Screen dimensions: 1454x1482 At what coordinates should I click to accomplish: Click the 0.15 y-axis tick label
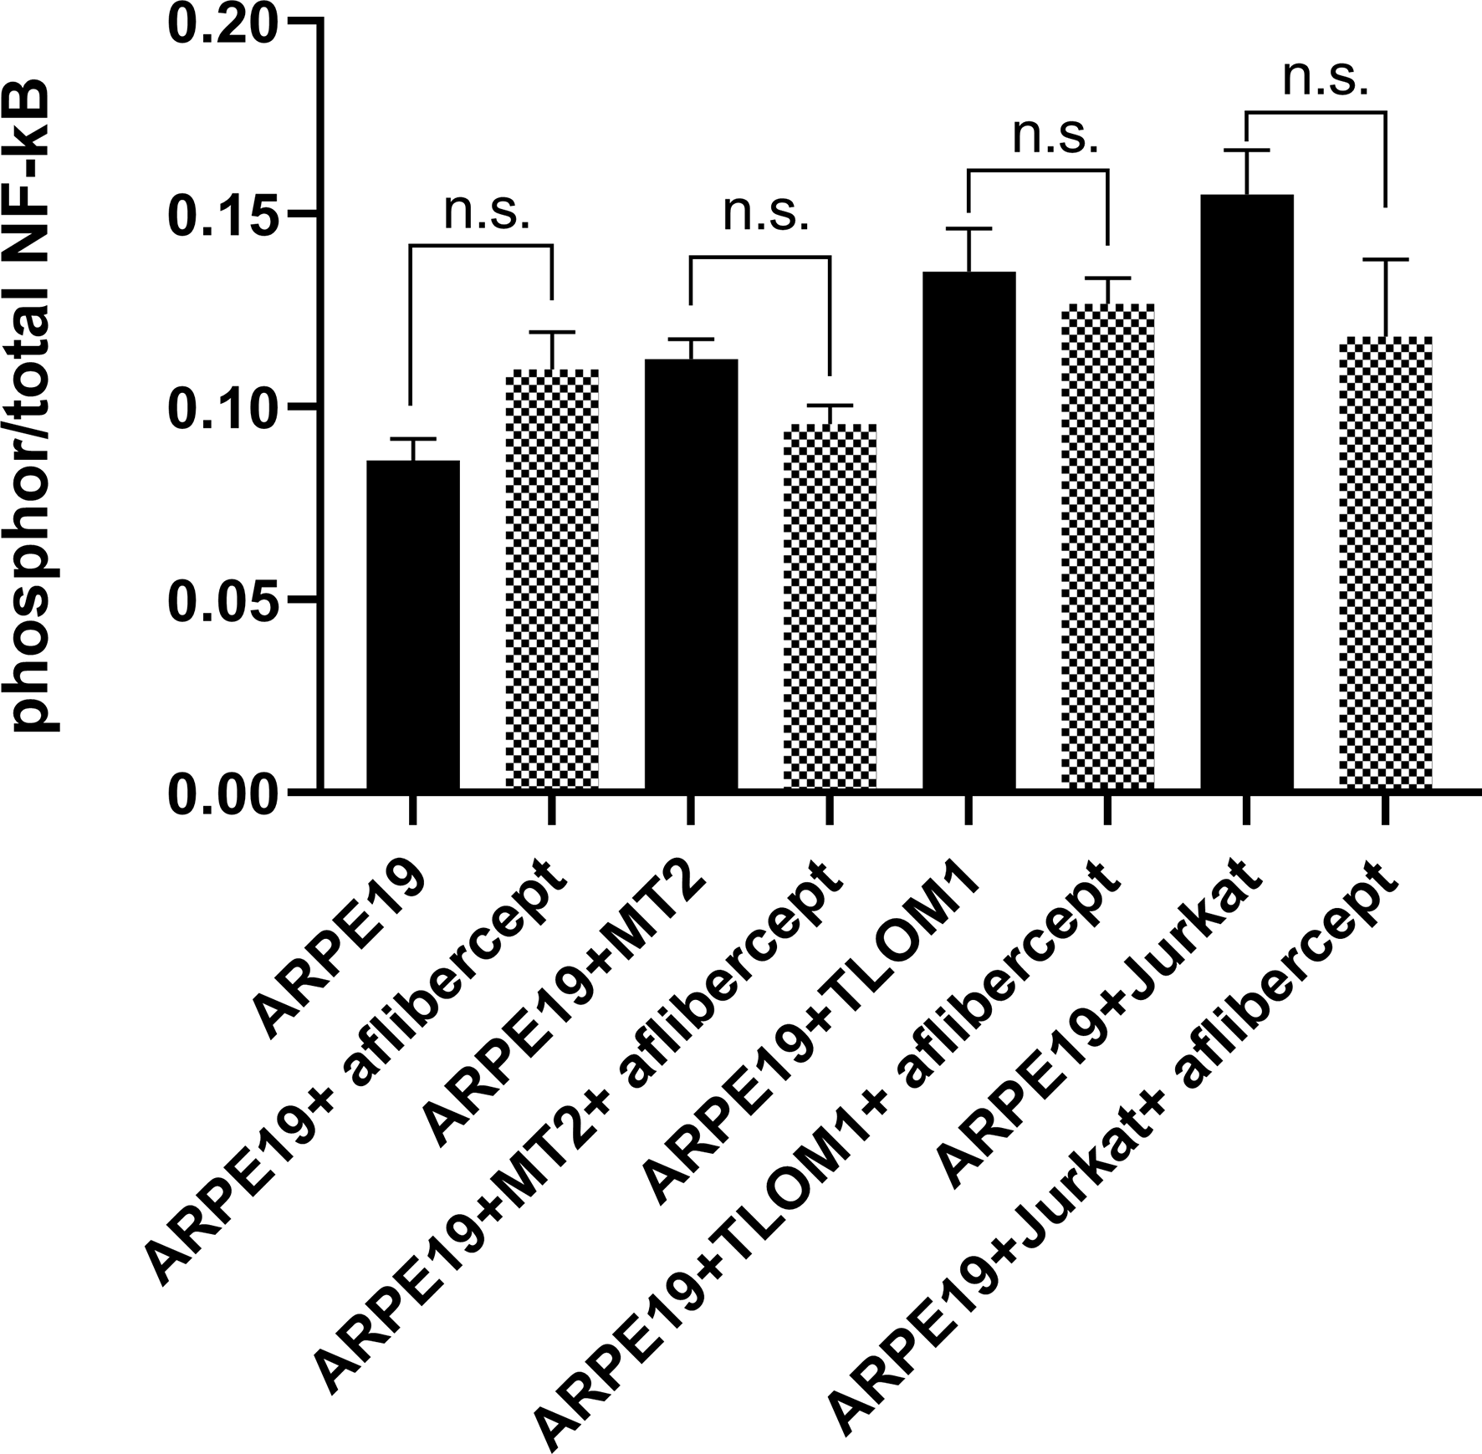222,215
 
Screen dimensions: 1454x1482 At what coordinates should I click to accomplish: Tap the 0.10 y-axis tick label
222,408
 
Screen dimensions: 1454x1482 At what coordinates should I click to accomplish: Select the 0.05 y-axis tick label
222,600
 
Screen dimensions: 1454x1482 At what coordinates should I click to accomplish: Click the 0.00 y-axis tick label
222,793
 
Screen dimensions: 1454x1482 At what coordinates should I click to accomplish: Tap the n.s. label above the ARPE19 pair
487,212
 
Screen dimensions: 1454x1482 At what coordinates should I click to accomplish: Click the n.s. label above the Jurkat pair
1325,80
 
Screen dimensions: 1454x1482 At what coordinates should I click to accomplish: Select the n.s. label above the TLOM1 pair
1055,137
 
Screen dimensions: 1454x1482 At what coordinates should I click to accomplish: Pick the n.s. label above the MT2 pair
766,214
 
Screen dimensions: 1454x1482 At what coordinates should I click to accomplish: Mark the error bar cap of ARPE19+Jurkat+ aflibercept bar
1385,260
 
